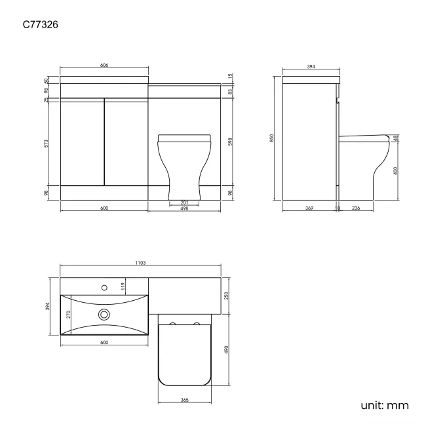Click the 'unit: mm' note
tap(384, 404)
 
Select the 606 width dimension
tap(104, 66)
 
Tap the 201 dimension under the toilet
tap(185, 203)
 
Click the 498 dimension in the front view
tap(185, 209)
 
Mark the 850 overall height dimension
tap(272, 138)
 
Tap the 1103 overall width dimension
tap(140, 263)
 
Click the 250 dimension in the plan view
tap(227, 294)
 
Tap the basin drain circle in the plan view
tap(104, 315)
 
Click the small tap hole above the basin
tap(103, 286)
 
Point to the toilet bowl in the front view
tap(185, 164)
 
